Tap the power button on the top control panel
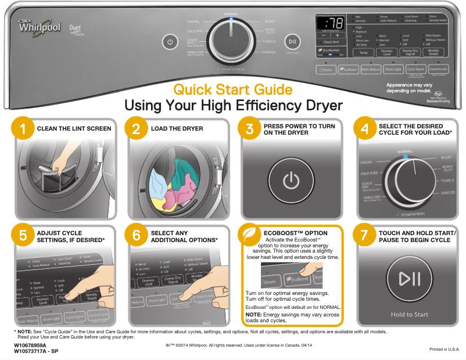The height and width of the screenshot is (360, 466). (x=170, y=42)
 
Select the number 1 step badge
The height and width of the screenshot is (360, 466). (x=22, y=129)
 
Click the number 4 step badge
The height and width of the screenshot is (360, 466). (x=365, y=129)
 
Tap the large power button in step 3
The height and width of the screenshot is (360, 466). (x=291, y=182)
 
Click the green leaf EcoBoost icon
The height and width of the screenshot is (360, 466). (x=250, y=235)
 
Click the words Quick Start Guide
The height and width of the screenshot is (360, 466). (x=232, y=90)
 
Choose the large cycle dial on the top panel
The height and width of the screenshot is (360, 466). (x=231, y=41)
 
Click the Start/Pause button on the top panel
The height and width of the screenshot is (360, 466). (x=292, y=41)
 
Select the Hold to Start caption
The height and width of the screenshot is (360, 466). (x=409, y=314)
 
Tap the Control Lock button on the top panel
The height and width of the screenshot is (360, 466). (x=438, y=69)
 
